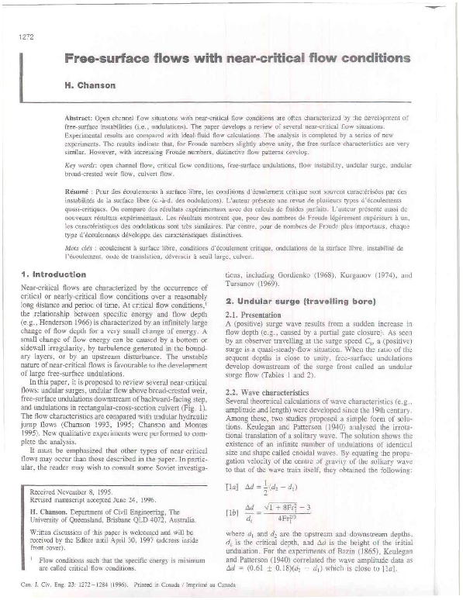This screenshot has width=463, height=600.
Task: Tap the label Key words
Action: [x=78, y=166]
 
